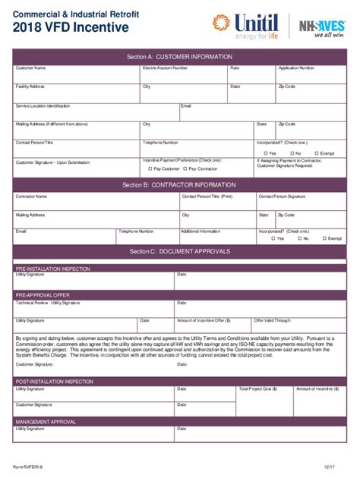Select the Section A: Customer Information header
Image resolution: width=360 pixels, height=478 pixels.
tap(179, 56)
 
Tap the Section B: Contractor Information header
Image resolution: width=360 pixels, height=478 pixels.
tap(179, 184)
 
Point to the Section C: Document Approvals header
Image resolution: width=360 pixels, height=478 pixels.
tap(179, 251)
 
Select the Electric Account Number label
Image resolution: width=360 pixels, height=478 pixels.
tap(165, 68)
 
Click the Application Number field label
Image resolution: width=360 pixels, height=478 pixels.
tap(296, 68)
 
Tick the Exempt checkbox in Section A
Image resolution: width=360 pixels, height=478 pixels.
tap(317, 153)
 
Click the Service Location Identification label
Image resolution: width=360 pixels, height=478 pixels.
tap(43, 105)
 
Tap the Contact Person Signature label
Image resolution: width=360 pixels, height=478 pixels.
tap(282, 197)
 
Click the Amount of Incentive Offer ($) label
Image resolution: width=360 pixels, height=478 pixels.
tap(203, 320)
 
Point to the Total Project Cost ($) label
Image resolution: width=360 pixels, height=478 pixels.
tap(257, 388)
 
